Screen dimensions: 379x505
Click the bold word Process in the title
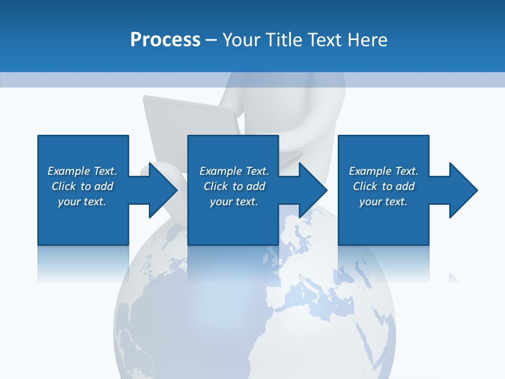[x=165, y=39]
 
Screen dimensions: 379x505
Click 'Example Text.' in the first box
[x=82, y=171]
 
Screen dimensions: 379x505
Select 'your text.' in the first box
[x=82, y=202]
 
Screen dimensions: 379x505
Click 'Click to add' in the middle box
[x=234, y=186]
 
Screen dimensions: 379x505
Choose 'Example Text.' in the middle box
[x=234, y=171]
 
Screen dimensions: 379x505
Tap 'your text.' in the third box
[x=383, y=202]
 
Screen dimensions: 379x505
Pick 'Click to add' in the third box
[x=383, y=186]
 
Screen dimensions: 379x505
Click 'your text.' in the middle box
[x=234, y=202]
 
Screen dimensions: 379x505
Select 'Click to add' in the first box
[x=82, y=186]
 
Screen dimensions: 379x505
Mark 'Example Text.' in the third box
[x=383, y=171]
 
